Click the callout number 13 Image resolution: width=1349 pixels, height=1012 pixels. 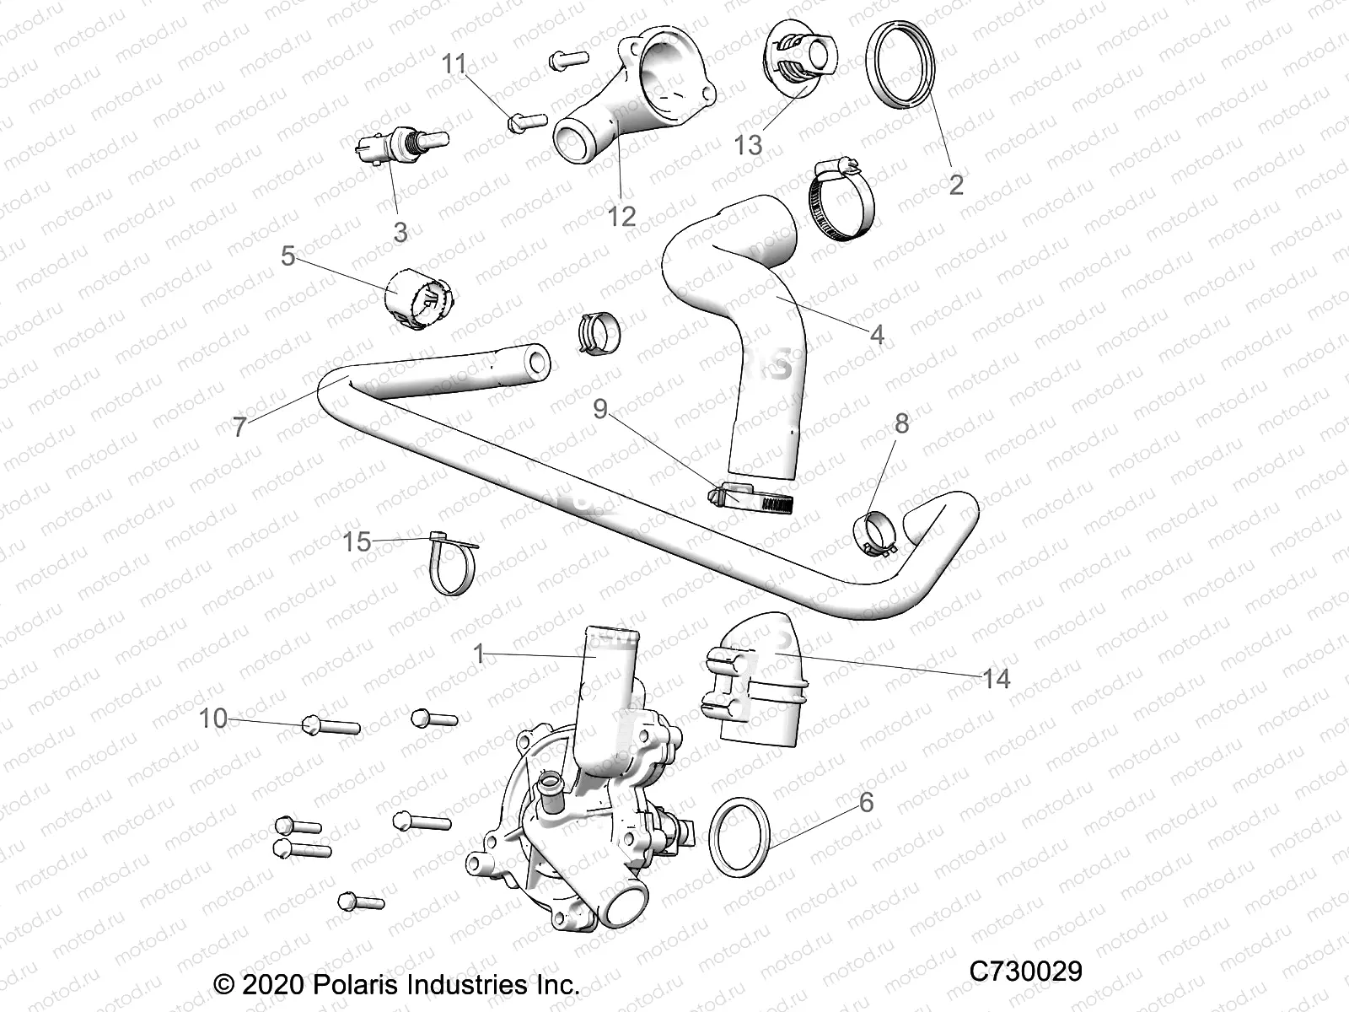click(x=748, y=145)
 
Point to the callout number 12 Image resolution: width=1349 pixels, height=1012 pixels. click(x=621, y=216)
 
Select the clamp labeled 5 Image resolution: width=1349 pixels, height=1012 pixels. click(x=419, y=301)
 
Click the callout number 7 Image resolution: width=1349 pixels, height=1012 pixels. click(x=240, y=427)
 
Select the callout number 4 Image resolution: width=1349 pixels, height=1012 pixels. click(x=877, y=335)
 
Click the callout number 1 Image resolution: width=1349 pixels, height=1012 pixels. click(x=479, y=654)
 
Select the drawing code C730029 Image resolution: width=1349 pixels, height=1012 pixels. click(x=1025, y=972)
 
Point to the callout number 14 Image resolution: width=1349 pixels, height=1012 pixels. click(x=996, y=677)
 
